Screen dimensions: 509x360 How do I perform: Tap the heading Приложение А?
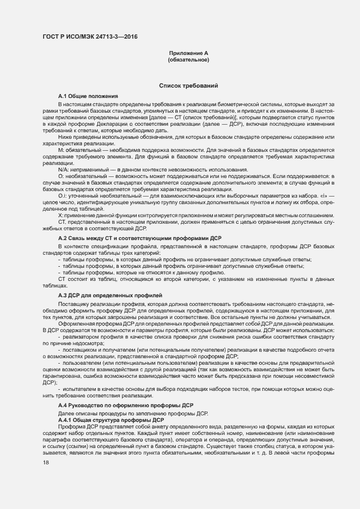(188, 53)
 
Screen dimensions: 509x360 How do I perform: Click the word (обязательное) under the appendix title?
(188, 59)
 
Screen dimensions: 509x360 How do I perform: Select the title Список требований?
(188, 86)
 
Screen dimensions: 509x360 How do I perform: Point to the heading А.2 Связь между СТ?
(140, 239)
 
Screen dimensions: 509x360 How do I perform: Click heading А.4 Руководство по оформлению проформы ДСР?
(126, 406)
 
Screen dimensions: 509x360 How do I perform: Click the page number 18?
(46, 462)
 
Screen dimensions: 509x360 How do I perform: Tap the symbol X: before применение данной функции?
(61, 215)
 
